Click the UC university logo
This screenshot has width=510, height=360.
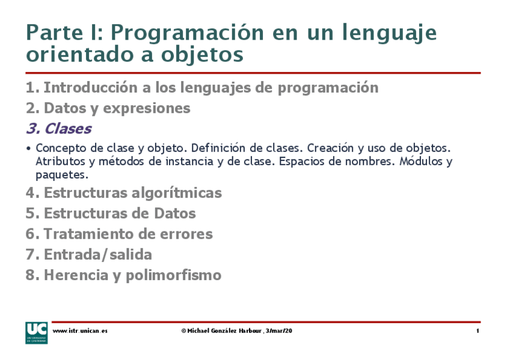tap(35, 332)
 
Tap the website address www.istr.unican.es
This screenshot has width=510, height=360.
tap(80, 331)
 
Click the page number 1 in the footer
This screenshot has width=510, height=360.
tap(478, 331)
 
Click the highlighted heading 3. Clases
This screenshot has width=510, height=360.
tap(58, 129)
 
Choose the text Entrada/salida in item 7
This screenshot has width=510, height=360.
tap(97, 254)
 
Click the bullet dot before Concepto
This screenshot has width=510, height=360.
tap(29, 148)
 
